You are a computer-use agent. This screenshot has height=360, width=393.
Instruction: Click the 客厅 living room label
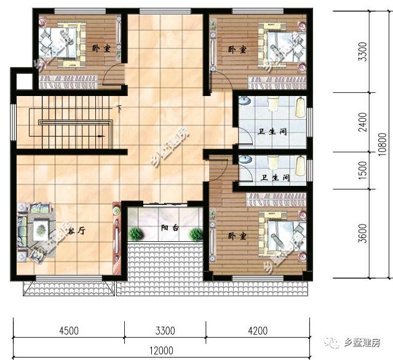pyautogui.click(x=76, y=232)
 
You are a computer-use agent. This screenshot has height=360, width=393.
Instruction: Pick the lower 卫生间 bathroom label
pyautogui.click(x=275, y=178)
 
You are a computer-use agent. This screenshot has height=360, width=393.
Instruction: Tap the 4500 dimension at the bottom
pyautogui.click(x=68, y=330)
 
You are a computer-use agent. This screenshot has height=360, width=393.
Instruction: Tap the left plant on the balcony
pyautogui.click(x=135, y=233)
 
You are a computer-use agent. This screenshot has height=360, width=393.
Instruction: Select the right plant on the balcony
pyautogui.click(x=196, y=233)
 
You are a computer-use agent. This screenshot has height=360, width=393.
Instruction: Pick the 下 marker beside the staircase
pyautogui.click(x=118, y=110)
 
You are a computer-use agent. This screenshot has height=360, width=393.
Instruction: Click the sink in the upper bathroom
pyautogui.click(x=245, y=102)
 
